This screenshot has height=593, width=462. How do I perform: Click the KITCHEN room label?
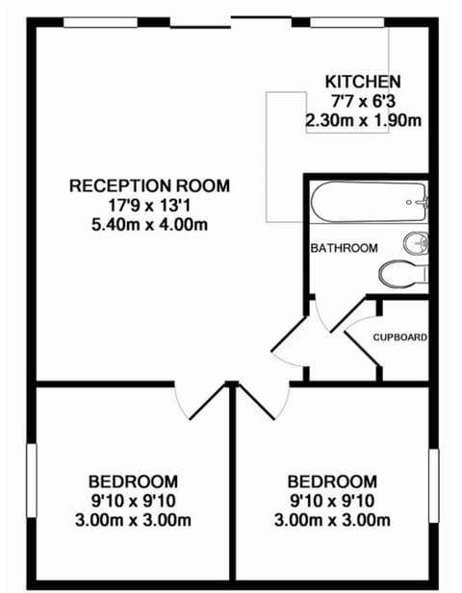(x=363, y=81)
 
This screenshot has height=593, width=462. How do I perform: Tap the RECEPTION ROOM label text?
(x=149, y=185)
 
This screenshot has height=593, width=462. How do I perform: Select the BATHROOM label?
(x=344, y=248)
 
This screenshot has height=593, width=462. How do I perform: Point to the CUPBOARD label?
(x=399, y=337)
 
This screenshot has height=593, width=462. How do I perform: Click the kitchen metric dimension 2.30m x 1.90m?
(x=363, y=121)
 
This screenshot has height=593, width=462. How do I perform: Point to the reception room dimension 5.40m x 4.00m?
(x=149, y=225)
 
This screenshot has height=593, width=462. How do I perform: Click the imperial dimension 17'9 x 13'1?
(x=149, y=206)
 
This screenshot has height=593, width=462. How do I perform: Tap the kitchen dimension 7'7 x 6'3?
(x=363, y=101)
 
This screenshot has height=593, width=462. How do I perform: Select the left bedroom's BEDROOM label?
(x=133, y=482)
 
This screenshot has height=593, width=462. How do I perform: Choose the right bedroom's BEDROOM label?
(x=332, y=482)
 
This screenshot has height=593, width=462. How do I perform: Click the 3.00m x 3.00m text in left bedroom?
(x=133, y=521)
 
